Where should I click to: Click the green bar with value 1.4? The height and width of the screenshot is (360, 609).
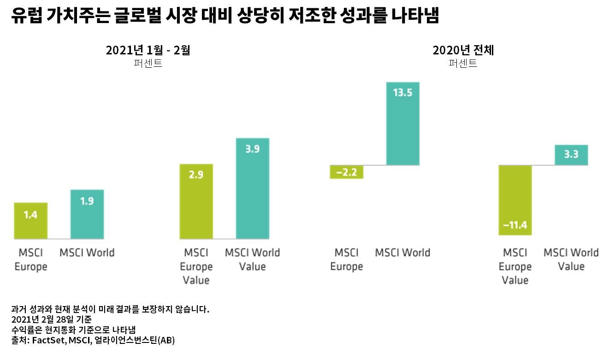pos(30,220)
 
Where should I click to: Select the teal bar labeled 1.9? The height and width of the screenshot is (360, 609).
pos(87,214)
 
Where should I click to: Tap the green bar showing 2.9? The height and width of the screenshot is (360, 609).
pos(196,201)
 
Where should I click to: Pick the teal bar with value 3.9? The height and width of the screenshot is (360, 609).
pos(253,188)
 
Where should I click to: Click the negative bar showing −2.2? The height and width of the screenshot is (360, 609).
pos(347,171)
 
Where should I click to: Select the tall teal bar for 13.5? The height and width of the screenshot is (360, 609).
pos(403,124)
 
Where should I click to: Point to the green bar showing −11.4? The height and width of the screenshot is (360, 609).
pos(515,200)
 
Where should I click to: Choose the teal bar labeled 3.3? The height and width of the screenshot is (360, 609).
pos(571,155)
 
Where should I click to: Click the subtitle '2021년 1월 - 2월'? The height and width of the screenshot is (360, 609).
pos(148,50)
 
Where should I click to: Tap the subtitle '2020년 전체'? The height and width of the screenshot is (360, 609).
pos(463,50)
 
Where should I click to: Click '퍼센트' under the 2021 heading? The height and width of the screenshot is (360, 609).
pos(148,64)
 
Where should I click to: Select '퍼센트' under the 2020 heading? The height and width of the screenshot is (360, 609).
pos(463,64)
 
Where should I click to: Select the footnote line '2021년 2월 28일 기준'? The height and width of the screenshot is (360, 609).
pos(51,319)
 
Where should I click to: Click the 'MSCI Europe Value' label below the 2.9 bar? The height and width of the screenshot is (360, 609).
pos(196,266)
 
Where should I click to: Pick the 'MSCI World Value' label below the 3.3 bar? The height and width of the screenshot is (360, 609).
pos(571,259)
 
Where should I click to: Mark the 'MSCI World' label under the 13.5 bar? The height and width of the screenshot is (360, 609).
pos(402,253)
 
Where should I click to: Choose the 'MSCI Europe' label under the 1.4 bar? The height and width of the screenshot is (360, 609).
pos(30,259)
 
